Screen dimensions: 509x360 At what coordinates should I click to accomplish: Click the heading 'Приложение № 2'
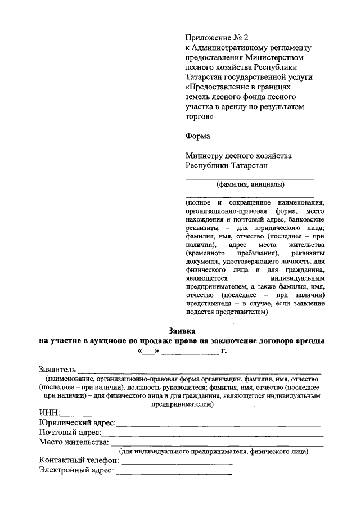217,37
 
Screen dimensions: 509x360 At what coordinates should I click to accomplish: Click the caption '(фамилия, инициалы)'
250,184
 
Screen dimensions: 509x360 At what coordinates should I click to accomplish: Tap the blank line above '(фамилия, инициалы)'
250,178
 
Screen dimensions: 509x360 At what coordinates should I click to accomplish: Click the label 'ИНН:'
49,413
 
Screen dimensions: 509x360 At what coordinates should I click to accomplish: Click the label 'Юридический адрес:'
78,423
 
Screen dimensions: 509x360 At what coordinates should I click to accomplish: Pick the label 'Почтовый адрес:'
70,433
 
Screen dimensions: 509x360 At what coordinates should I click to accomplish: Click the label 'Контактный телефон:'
79,461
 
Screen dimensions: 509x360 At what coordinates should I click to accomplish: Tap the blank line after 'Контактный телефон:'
177,463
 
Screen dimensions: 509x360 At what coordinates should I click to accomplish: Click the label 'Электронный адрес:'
76,470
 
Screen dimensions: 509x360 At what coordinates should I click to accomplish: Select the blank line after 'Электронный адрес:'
173,473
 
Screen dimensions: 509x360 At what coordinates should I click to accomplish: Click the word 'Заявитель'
56,370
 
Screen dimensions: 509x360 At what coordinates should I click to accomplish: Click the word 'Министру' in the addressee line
205,155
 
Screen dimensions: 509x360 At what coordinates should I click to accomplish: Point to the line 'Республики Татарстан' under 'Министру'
226,165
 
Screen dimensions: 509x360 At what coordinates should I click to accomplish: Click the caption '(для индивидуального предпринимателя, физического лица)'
213,451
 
